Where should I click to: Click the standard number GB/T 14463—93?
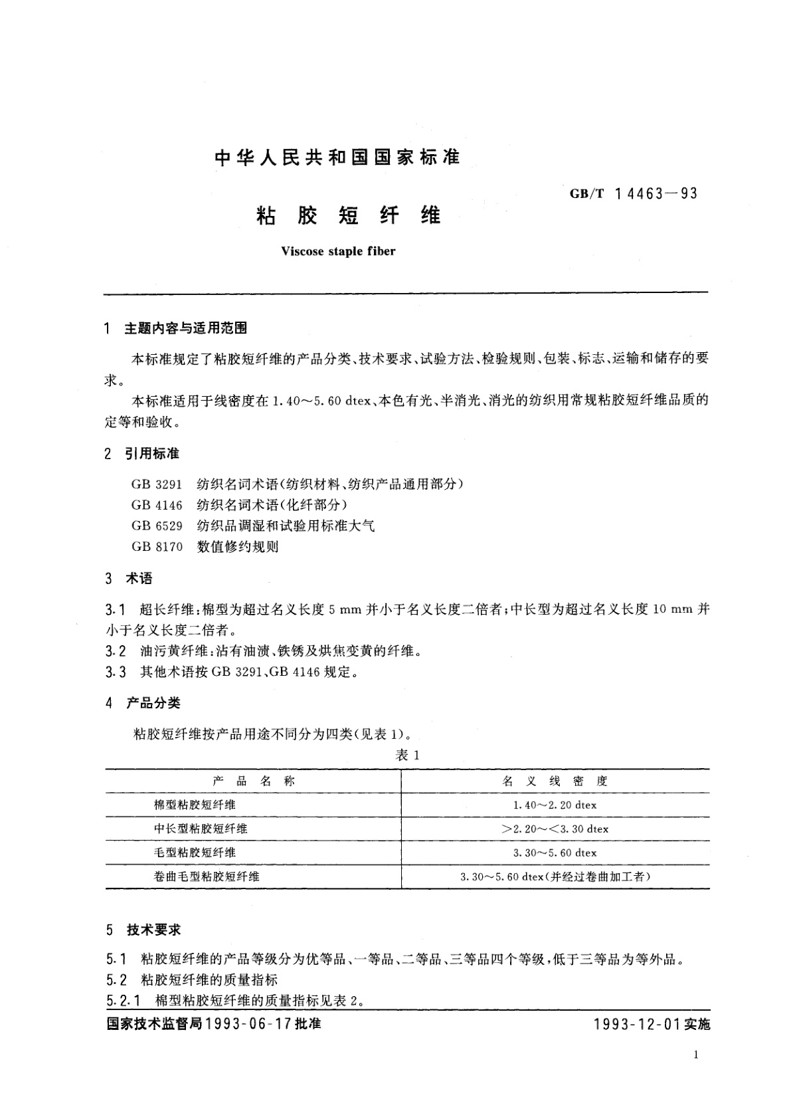click(x=634, y=194)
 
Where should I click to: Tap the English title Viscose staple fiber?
click(x=338, y=251)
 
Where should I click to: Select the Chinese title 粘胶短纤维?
click(x=348, y=216)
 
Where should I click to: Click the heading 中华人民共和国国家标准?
click(x=338, y=157)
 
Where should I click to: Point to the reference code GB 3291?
click(x=157, y=484)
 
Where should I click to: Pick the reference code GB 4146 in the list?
click(x=157, y=505)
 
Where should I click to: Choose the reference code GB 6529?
click(x=157, y=526)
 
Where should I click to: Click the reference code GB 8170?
click(x=157, y=547)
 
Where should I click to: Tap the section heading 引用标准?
click(x=152, y=454)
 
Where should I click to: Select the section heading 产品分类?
click(x=153, y=703)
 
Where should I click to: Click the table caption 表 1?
click(x=407, y=755)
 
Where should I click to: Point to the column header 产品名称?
click(x=254, y=781)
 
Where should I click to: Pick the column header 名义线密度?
click(x=555, y=781)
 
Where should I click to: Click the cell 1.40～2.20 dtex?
click(x=555, y=805)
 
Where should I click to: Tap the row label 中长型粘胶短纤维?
click(x=201, y=829)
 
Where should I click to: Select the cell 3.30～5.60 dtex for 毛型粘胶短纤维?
click(x=555, y=853)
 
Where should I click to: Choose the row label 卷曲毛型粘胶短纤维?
click(x=207, y=876)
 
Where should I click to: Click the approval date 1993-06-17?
click(x=249, y=1024)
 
